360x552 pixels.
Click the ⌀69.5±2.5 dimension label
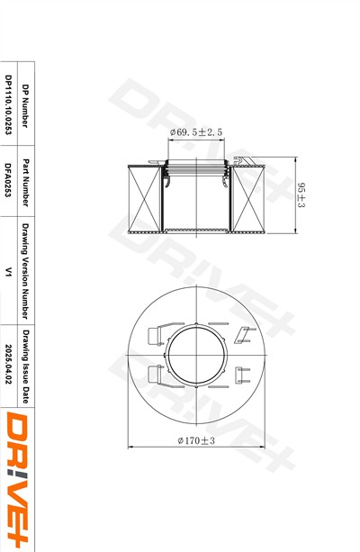(196, 132)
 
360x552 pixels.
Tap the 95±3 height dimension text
(301, 195)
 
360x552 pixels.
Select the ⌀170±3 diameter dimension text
(196, 440)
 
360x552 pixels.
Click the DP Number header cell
(25, 105)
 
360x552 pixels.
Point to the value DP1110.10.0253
(8, 104)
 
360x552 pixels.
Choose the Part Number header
(25, 183)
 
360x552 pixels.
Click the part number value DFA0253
(8, 179)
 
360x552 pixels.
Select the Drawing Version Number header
(25, 271)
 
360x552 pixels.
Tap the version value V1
(8, 271)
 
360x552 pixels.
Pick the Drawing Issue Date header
(26, 366)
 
